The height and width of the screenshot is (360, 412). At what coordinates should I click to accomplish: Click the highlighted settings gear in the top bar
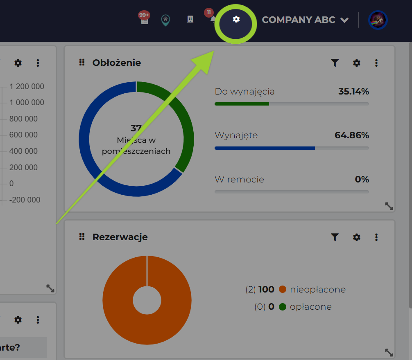click(236, 19)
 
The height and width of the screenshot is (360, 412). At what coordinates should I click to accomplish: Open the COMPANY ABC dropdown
click(305, 20)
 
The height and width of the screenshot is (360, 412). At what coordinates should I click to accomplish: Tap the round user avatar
click(378, 20)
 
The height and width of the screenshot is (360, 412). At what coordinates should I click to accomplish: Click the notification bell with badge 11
click(212, 19)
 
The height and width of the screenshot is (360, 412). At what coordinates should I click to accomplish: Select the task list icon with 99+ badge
click(145, 19)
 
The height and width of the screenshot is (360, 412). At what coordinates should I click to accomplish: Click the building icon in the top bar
click(190, 19)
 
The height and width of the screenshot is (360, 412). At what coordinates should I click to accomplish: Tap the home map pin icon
click(165, 19)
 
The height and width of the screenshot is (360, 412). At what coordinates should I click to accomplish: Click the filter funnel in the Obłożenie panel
click(335, 63)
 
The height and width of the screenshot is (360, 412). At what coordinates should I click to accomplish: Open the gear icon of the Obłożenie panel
click(357, 63)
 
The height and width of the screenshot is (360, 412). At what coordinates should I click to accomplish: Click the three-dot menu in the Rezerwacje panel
click(376, 237)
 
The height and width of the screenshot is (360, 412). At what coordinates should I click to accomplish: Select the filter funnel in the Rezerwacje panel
click(335, 237)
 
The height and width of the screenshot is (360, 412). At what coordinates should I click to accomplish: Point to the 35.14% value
click(353, 91)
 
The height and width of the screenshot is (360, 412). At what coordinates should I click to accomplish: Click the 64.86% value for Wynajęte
click(352, 135)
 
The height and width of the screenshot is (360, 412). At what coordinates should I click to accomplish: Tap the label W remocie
click(239, 179)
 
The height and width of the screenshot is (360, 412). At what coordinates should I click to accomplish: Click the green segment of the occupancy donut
click(180, 123)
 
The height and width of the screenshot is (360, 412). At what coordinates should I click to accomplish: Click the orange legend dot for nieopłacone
click(282, 290)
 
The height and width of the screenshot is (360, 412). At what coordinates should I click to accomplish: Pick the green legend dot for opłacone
click(282, 306)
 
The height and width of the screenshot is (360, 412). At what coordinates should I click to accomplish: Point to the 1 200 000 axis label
click(27, 86)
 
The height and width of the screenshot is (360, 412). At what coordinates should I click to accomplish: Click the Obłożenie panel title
click(116, 63)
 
